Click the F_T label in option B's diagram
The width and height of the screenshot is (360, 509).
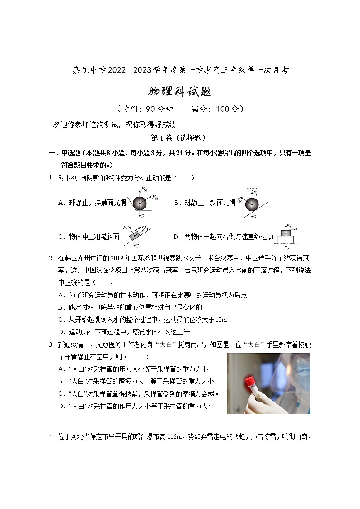[x=256, y=194]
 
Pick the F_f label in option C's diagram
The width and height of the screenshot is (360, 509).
[x=147, y=227]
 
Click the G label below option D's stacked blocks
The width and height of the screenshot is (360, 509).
[x=287, y=248]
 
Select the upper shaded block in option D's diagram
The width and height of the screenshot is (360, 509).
[x=286, y=233]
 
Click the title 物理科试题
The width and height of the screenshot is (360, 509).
[x=180, y=92]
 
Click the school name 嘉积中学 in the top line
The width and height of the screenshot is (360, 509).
[x=89, y=70]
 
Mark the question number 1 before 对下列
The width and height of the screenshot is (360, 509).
[x=51, y=178]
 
